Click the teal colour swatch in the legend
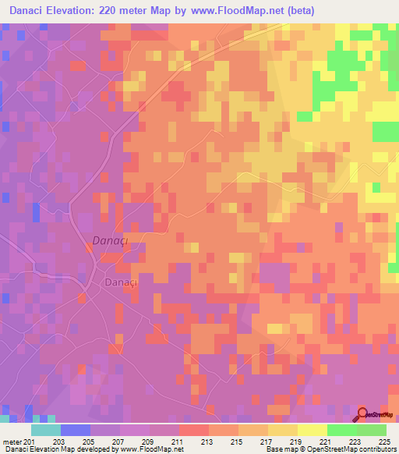(x=45, y=430)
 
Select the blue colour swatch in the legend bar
(x=75, y=430)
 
